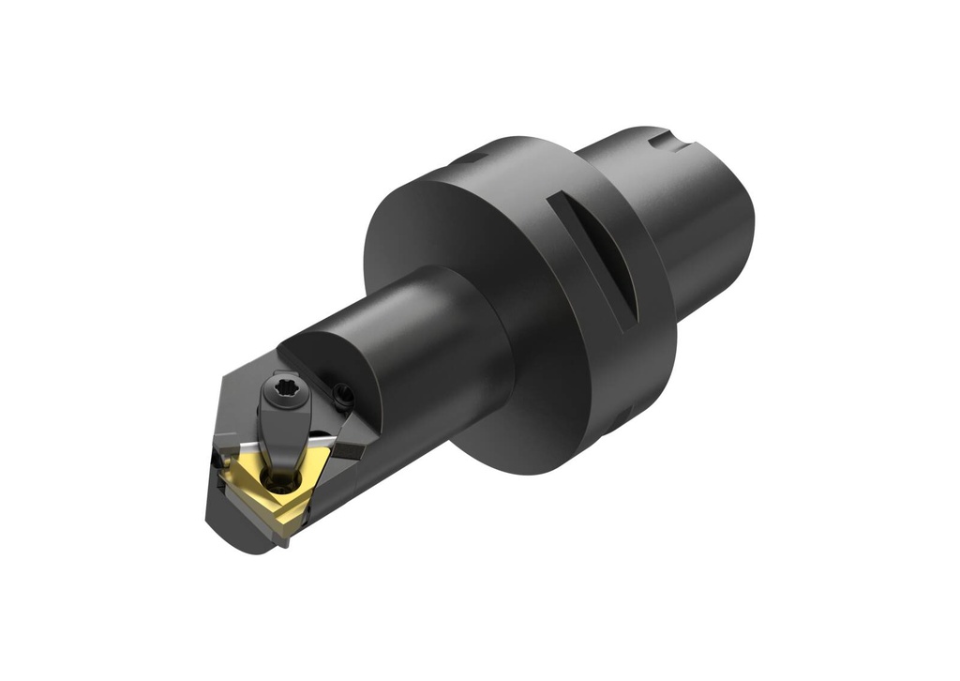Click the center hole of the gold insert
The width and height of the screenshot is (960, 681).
278,479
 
